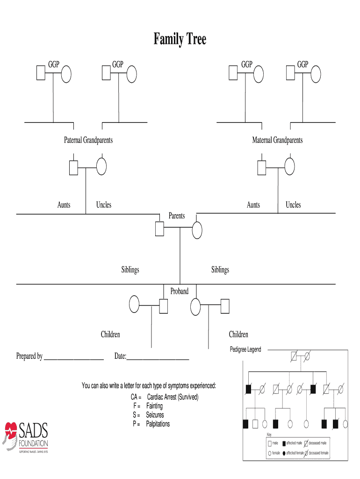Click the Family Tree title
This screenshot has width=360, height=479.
[x=180, y=39]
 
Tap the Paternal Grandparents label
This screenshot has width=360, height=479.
[x=88, y=140]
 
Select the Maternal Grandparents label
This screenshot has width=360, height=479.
[x=277, y=140]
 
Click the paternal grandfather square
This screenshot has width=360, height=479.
[x=74, y=167]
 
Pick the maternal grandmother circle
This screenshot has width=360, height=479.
[x=289, y=167]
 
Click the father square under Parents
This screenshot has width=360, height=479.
[x=159, y=229]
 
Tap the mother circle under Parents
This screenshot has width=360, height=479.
[x=197, y=230]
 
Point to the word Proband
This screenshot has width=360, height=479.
[x=180, y=291]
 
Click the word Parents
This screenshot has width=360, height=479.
[x=177, y=216]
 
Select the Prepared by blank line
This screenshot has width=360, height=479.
[x=73, y=358]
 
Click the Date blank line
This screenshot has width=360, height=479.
[x=158, y=358]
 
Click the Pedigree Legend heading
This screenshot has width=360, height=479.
[x=245, y=349]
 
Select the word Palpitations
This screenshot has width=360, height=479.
[x=158, y=424]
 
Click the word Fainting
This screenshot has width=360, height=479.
[x=154, y=406]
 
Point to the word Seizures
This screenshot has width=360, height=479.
[x=155, y=415]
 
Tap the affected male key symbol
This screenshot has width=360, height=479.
[x=283, y=443]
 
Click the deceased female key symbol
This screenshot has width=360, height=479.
[x=306, y=453]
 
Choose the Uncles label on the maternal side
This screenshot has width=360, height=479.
[x=293, y=205]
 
